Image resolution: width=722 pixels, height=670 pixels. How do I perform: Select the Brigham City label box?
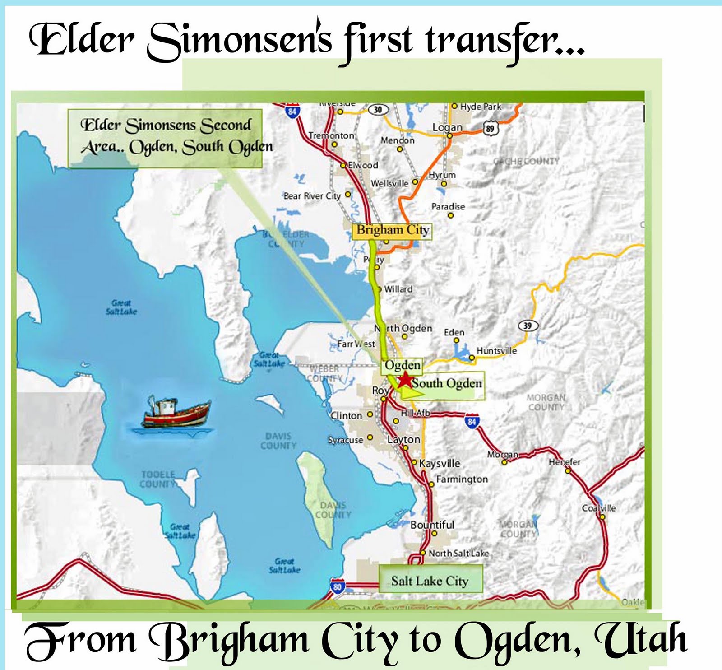point(392,230)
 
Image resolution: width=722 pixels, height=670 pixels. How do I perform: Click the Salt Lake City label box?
point(430,581)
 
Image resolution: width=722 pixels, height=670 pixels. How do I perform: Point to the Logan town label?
point(447,127)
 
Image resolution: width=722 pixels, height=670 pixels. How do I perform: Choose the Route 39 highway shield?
point(528,325)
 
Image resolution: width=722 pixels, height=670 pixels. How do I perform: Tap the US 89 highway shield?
point(490,128)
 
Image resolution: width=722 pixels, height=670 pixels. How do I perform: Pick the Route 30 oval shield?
point(378,109)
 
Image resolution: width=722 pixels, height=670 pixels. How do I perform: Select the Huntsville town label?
point(496,350)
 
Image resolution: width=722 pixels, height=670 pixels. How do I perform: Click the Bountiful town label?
point(432,525)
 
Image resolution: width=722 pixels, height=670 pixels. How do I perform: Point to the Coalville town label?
point(598,508)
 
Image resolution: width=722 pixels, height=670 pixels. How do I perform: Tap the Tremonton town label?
point(331,135)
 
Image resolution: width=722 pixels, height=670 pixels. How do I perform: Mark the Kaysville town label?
point(440,463)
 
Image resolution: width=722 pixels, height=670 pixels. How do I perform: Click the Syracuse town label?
point(345,440)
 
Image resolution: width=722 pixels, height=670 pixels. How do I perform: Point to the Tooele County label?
point(157,479)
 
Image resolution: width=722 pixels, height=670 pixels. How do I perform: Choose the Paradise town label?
point(448,206)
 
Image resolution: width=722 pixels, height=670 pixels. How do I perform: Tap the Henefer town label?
point(564,462)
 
